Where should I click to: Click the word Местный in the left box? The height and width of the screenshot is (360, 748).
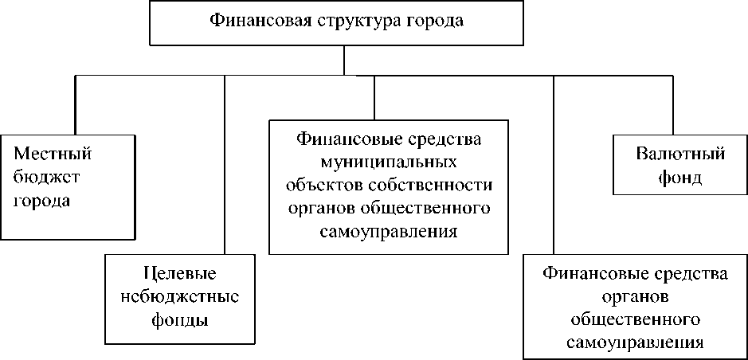pos(51,151)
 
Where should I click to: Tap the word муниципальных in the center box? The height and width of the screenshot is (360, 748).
pos(388,162)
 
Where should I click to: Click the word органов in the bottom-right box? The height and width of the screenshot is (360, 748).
pos(635,297)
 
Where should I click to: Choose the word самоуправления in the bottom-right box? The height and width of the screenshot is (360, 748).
pos(635,343)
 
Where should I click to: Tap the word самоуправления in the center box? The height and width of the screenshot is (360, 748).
pos(388,232)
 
